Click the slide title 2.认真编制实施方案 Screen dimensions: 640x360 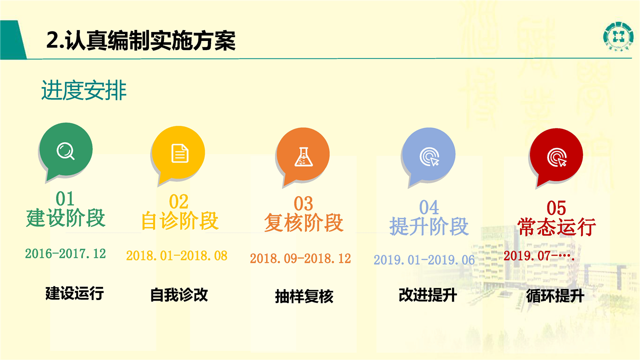click(x=141, y=40)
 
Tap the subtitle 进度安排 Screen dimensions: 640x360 click(x=84, y=90)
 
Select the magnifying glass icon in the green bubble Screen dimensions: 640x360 click(x=65, y=151)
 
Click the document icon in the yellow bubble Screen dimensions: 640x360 click(x=179, y=153)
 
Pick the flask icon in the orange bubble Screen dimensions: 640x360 click(x=303, y=156)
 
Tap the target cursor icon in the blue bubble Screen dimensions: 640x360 click(x=429, y=156)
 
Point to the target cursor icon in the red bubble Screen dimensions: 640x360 click(x=556, y=157)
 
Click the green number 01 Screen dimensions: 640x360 click(x=65, y=198)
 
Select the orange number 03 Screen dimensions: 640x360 click(x=303, y=203)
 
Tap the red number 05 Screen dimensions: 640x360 click(x=556, y=207)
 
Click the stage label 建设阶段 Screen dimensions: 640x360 click(x=65, y=218)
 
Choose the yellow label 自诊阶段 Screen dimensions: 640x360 click(x=180, y=221)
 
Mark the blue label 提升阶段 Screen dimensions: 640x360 click(x=429, y=226)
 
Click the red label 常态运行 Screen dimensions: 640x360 click(x=556, y=227)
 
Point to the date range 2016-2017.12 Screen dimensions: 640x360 click(x=65, y=253)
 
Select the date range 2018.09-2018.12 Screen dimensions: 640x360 click(x=300, y=258)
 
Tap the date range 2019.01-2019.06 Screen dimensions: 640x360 click(x=424, y=260)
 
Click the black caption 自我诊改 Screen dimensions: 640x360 click(x=179, y=295)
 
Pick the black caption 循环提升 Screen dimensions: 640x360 click(x=555, y=296)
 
